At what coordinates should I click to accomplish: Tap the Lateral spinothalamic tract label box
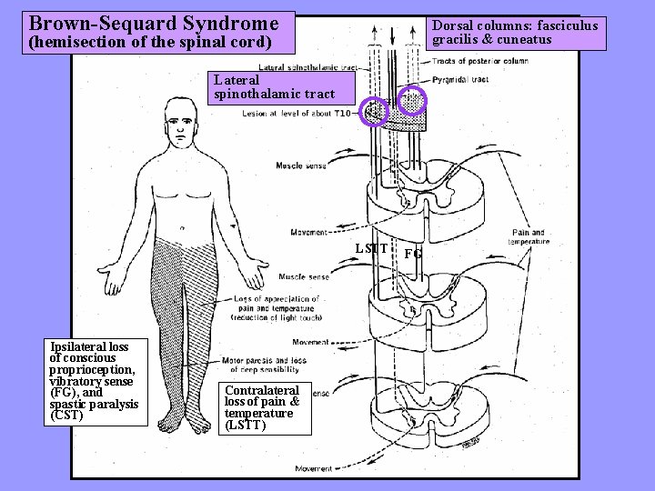tap(275, 87)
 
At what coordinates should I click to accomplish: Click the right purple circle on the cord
tap(413, 101)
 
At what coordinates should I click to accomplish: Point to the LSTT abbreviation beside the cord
tap(371, 248)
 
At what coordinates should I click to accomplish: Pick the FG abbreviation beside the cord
tap(413, 255)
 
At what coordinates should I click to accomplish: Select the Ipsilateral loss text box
tap(94, 381)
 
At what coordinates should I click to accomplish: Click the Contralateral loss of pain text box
tap(262, 407)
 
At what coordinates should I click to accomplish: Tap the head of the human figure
tap(182, 120)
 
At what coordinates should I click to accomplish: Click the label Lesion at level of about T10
tap(297, 114)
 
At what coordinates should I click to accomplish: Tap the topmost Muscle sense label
tap(303, 165)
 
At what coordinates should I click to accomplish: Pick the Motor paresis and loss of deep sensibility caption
tap(264, 366)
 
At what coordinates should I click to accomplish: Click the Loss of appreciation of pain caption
tap(276, 307)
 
